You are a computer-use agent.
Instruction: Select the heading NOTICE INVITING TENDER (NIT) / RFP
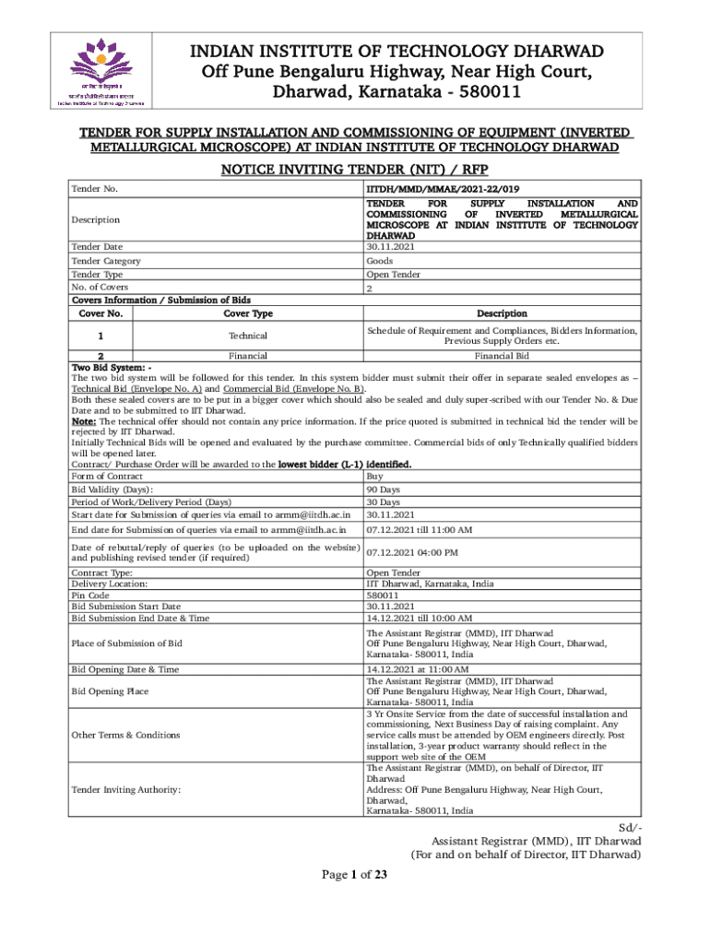354,169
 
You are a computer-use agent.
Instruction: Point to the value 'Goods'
380,261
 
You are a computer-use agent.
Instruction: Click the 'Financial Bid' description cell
502,355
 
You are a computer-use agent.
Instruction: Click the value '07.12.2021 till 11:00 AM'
419,530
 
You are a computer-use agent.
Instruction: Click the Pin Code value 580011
385,596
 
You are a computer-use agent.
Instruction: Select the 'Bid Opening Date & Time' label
124,668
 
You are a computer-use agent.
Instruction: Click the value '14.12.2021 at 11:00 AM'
417,668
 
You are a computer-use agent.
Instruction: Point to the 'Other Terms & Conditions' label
125,735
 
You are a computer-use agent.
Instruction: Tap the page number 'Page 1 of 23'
354,876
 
